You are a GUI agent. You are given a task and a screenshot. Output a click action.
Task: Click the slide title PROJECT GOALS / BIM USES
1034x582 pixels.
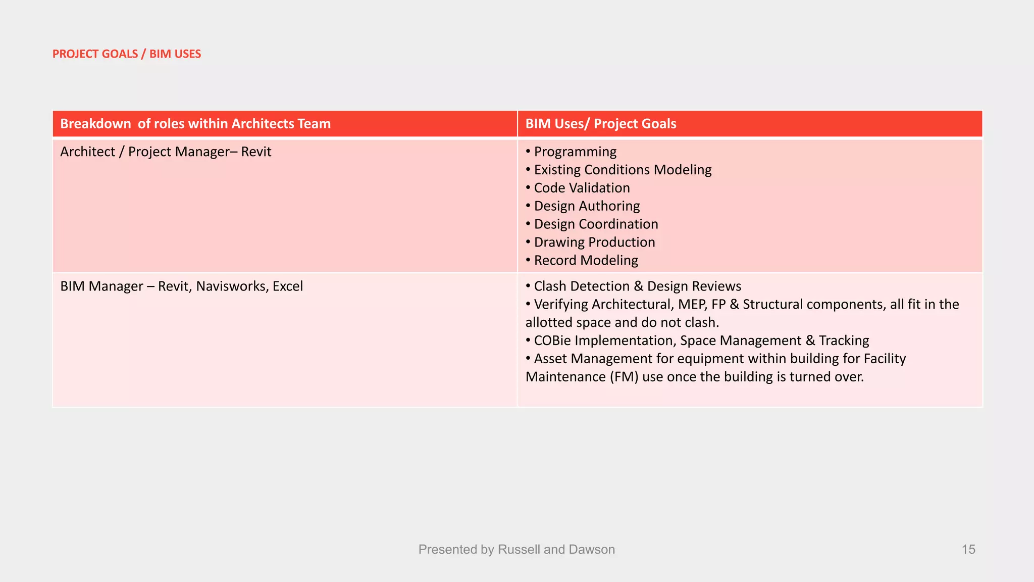(127, 54)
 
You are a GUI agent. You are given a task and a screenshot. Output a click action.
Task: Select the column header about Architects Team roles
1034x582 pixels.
(195, 124)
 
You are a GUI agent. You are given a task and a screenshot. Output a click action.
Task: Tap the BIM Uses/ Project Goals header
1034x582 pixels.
(600, 124)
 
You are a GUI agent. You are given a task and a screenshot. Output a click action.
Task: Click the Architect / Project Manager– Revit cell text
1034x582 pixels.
(166, 152)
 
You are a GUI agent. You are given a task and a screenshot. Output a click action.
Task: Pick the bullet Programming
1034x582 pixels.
(575, 152)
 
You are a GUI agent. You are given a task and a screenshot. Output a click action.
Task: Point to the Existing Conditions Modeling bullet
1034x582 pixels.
(623, 170)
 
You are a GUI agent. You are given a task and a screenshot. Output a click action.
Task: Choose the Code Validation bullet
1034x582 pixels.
(582, 188)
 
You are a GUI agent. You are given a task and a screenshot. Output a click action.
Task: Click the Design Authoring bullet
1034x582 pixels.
(587, 206)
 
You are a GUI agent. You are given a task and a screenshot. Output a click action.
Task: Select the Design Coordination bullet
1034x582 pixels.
(596, 224)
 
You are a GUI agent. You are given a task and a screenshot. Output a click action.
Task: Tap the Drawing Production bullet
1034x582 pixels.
(594, 243)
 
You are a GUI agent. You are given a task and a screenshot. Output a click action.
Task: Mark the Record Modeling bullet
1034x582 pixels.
(586, 261)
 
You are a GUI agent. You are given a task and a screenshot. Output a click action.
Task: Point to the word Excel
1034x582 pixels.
(288, 286)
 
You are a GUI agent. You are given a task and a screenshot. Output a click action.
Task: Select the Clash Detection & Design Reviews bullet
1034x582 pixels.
(637, 286)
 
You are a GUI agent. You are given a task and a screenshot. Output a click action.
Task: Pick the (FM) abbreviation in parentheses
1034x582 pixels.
(624, 377)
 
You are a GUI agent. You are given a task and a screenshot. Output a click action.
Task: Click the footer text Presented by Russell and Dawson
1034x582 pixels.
(516, 550)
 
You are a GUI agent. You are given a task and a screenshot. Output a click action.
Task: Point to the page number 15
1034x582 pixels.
(968, 550)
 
